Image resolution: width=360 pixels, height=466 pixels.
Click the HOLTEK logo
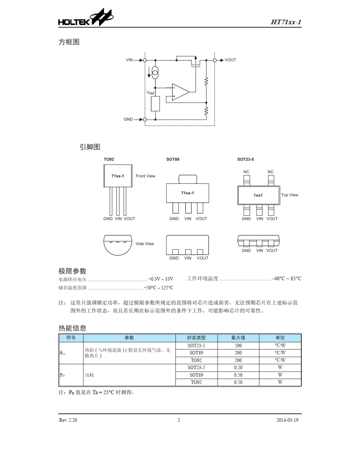pos(86,19)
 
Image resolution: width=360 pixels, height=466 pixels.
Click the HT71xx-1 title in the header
pos(286,22)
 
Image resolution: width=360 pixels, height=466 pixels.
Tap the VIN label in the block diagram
pos(130,60)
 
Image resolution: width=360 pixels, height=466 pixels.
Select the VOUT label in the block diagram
pos(230,60)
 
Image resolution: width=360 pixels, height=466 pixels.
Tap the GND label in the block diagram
pos(128,119)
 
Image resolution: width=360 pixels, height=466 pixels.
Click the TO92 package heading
pos(109,160)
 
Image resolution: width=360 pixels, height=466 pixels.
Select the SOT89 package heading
pos(173,160)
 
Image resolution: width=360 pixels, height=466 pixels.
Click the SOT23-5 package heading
pos(246,160)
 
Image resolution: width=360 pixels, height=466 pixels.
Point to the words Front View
pos(146,176)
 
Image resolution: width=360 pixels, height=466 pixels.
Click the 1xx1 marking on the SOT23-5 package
pos(258,195)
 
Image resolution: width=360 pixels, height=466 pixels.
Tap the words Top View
pos(290,195)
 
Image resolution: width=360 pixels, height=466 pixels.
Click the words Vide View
pos(145,244)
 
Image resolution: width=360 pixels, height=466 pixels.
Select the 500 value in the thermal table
pos(238,346)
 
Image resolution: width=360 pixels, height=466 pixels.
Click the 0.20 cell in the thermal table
pos(238,367)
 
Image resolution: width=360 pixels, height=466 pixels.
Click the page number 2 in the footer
pos(178,420)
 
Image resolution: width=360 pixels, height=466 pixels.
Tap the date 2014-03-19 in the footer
pos(287,420)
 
